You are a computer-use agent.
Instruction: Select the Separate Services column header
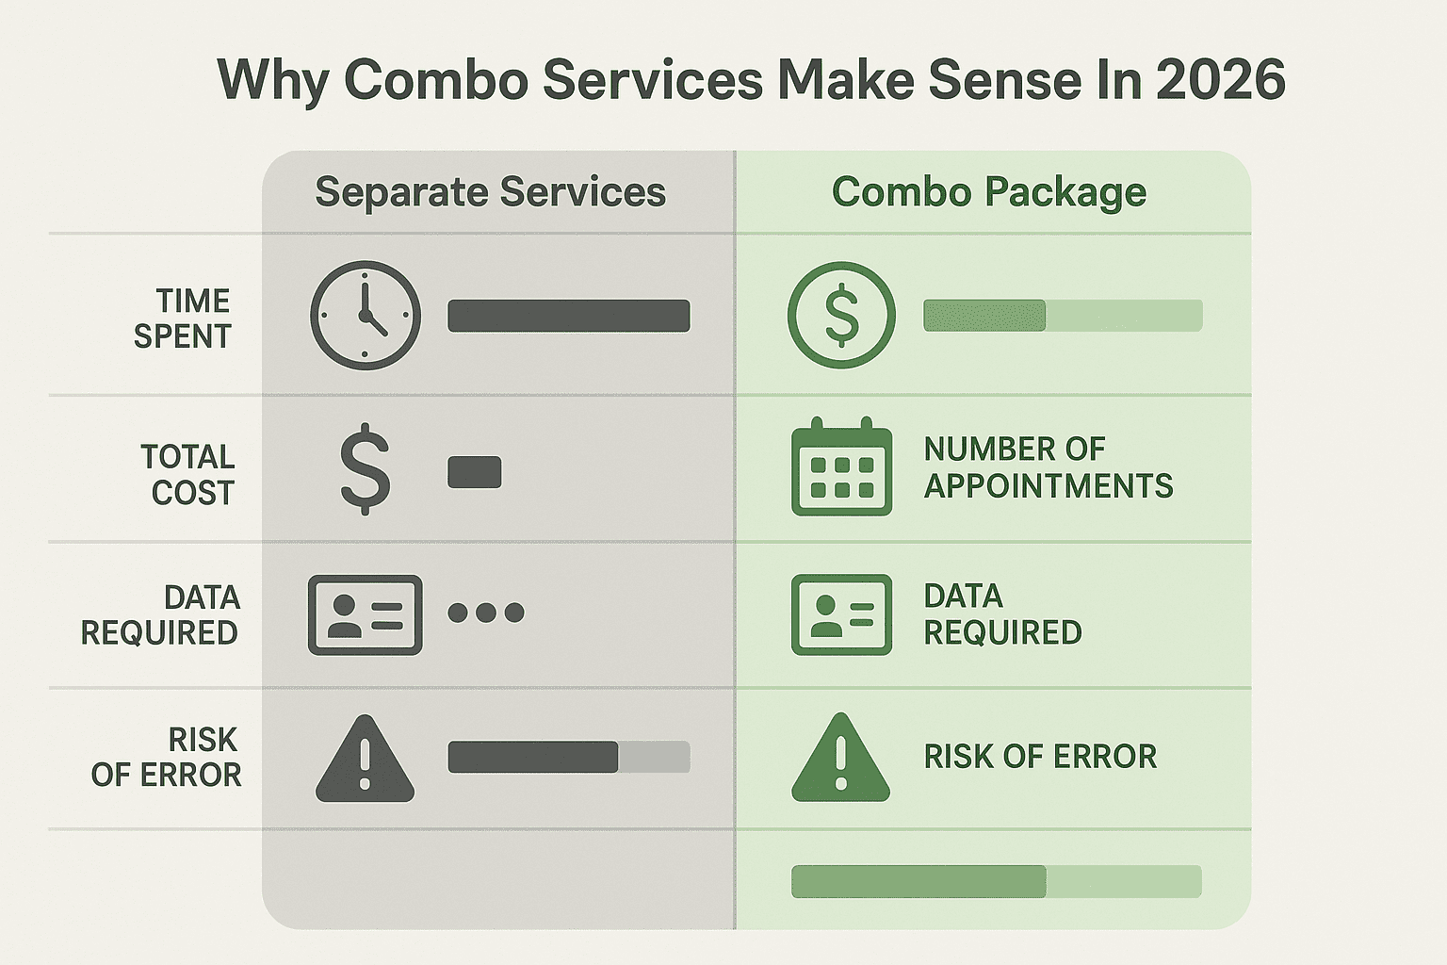(x=490, y=192)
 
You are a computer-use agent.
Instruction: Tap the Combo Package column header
(x=989, y=192)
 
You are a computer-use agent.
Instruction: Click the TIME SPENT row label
(x=182, y=319)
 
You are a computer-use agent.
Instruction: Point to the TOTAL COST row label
(x=187, y=474)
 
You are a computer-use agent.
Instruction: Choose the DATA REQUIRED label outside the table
(x=160, y=614)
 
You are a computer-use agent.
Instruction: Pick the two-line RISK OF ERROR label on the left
(x=166, y=757)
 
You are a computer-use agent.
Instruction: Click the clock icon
(x=366, y=316)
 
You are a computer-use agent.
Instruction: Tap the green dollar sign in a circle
(x=841, y=316)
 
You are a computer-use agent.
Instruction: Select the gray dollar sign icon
(x=366, y=469)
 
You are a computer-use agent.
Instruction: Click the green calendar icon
(x=841, y=466)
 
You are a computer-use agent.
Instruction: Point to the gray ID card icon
(x=365, y=614)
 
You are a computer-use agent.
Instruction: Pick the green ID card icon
(x=841, y=614)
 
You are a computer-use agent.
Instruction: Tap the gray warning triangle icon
(x=365, y=760)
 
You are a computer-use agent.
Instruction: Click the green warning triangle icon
(x=841, y=758)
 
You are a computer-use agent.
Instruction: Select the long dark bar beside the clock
(x=569, y=316)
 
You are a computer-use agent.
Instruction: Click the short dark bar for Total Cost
(x=475, y=472)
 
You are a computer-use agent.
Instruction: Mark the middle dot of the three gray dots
(x=486, y=613)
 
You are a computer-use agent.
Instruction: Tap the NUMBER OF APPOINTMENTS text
(x=1049, y=467)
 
